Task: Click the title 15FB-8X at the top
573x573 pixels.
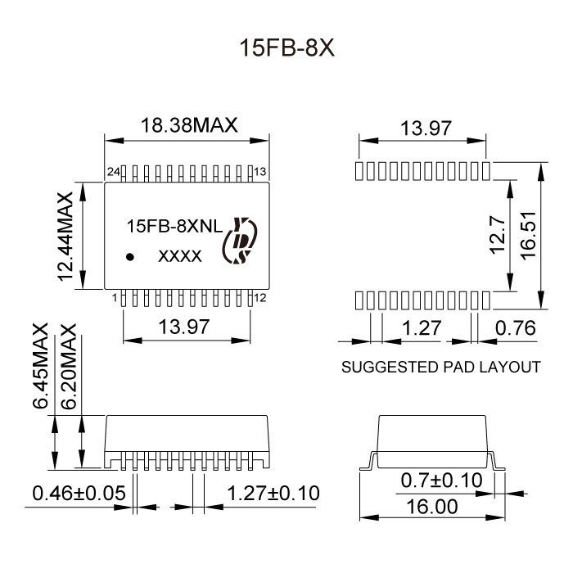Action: tap(286, 47)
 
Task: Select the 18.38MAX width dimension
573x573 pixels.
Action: tap(188, 126)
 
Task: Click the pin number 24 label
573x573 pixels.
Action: tap(114, 172)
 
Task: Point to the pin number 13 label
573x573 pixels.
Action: tap(260, 172)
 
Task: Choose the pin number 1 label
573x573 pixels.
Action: tap(115, 298)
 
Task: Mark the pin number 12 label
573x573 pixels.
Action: tap(260, 298)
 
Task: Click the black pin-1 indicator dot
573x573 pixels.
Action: tap(129, 256)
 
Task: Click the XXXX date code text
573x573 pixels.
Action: tap(179, 257)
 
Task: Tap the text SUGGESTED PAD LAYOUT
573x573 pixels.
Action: tap(440, 367)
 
